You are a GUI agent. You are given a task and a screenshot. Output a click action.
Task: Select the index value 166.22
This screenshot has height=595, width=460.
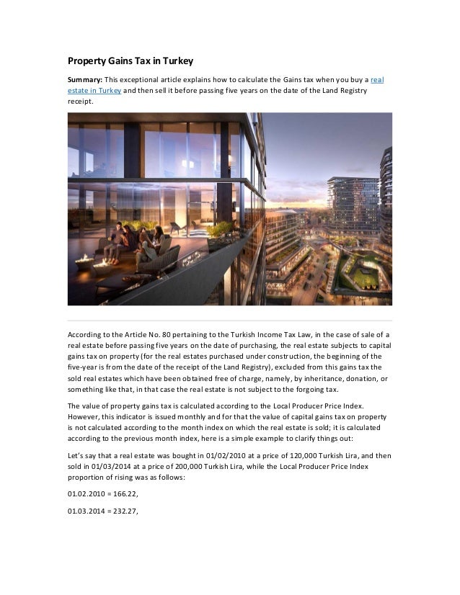(x=123, y=497)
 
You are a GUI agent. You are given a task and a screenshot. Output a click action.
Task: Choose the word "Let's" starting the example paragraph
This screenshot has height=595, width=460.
(x=77, y=456)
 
